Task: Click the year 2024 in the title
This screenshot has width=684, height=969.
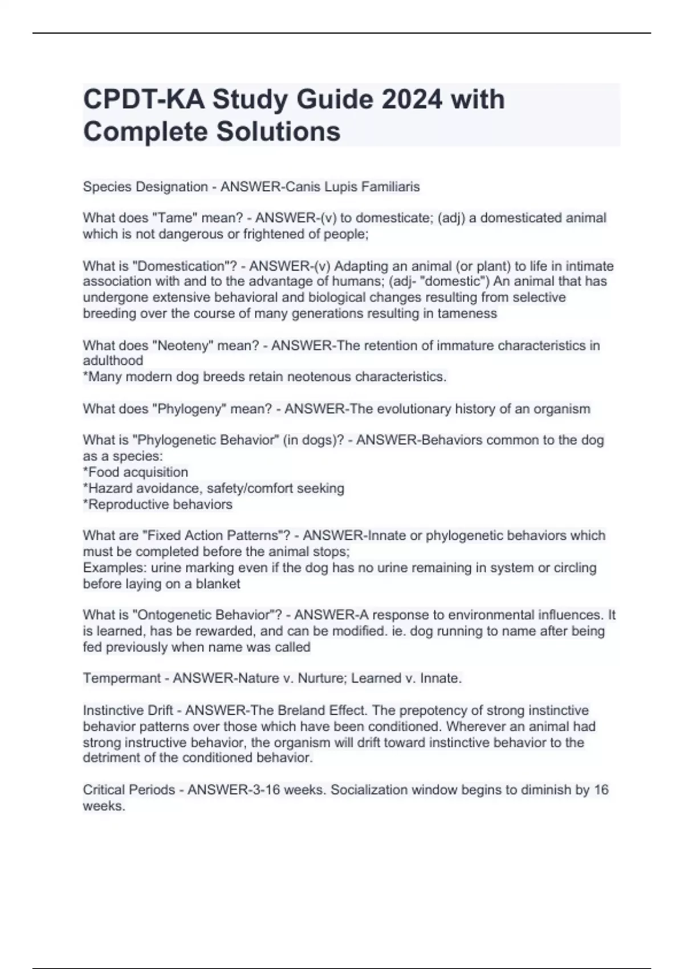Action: [412, 99]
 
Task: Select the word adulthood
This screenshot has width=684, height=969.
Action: [113, 361]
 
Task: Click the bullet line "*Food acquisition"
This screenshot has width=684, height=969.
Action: [136, 472]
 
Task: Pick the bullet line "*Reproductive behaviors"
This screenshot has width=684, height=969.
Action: [158, 504]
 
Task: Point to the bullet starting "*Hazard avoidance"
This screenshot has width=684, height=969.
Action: [214, 488]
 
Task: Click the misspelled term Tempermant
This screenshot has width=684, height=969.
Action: [122, 678]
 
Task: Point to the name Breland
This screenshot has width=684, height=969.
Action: [303, 710]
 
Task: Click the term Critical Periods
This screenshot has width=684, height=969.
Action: [129, 789]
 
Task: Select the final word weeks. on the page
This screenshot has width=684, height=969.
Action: [104, 806]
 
